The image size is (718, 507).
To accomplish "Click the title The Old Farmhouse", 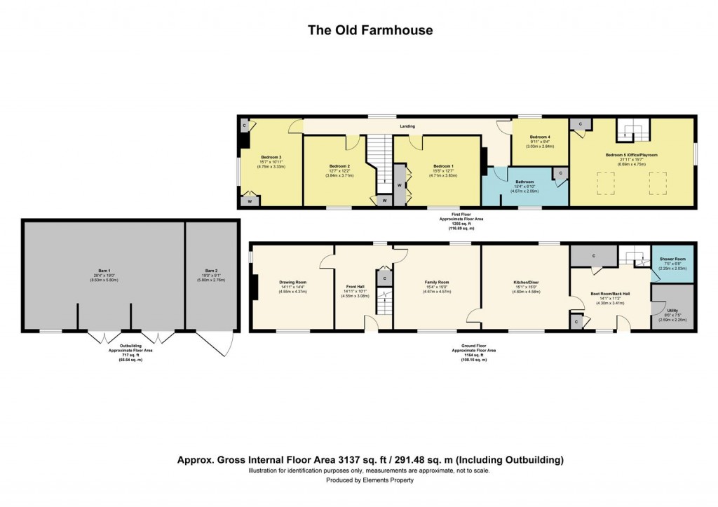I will click(370, 30).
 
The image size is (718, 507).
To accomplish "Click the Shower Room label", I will click(673, 259).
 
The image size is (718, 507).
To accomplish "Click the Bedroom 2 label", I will click(339, 166).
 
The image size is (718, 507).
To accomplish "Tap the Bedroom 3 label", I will click(271, 157).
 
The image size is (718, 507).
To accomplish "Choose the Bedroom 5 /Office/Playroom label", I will click(631, 154).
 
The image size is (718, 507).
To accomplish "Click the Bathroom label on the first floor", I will click(525, 180).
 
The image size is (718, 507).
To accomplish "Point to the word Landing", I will click(407, 126).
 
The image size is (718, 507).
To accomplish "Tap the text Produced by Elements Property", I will click(370, 480).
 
